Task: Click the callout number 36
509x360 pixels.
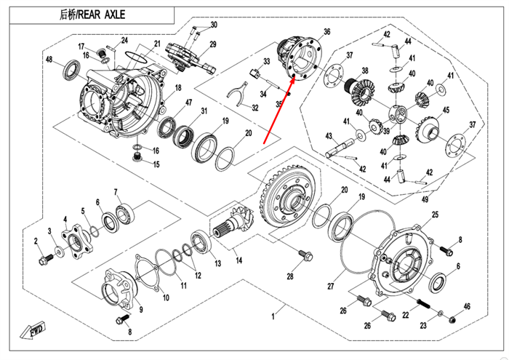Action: click(326, 31)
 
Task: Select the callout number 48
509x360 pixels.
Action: click(49, 60)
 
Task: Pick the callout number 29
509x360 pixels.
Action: click(212, 45)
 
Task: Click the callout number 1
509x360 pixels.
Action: click(273, 316)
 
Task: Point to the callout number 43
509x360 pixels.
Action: click(329, 135)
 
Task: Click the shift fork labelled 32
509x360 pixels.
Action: click(234, 94)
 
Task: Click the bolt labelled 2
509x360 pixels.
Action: click(47, 257)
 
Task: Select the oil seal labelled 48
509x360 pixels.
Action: click(71, 70)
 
